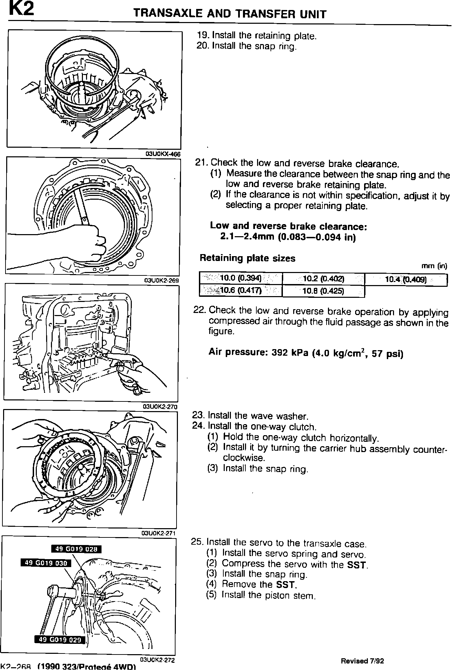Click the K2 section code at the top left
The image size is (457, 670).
[21, 9]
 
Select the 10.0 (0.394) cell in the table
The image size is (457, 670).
[241, 278]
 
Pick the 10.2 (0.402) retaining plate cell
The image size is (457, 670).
[323, 279]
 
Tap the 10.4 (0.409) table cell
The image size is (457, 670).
[406, 279]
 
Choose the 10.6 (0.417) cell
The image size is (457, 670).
[241, 290]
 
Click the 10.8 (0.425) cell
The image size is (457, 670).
[323, 291]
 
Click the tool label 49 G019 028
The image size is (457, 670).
[76, 549]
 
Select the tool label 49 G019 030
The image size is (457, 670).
[46, 563]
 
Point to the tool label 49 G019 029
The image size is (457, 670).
[60, 640]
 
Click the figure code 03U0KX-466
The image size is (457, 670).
[163, 154]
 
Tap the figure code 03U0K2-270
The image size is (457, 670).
[160, 407]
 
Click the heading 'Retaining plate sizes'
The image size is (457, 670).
[247, 258]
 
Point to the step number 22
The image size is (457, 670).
[199, 310]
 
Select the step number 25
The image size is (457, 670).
[197, 542]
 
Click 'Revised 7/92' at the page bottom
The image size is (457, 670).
[362, 661]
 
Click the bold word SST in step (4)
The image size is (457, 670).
[286, 584]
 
